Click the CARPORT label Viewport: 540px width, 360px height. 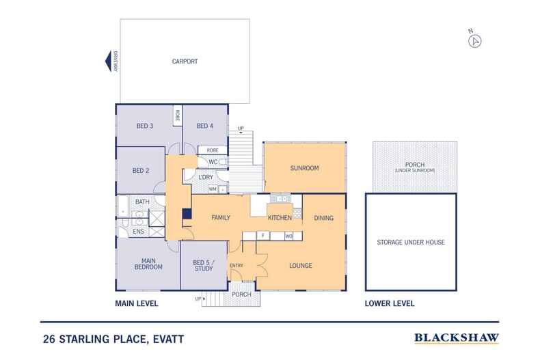click(185, 61)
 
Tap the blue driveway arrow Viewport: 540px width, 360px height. click(107, 62)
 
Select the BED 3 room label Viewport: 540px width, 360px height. click(145, 126)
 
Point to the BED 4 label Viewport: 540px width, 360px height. click(205, 126)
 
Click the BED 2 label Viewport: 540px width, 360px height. click(142, 170)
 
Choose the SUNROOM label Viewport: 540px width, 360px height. click(305, 168)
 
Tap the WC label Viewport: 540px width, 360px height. click(213, 162)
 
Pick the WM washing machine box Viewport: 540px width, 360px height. click(213, 189)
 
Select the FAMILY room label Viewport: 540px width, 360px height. click(219, 218)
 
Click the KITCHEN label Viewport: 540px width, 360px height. click(280, 218)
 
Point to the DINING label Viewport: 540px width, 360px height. click(323, 218)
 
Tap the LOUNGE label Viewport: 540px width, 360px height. click(301, 266)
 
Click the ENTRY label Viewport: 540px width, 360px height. click(237, 266)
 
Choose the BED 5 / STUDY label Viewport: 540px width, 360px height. click(204, 266)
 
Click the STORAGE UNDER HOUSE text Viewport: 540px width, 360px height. click(411, 243)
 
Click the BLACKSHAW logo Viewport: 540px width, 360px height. click(457, 337)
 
